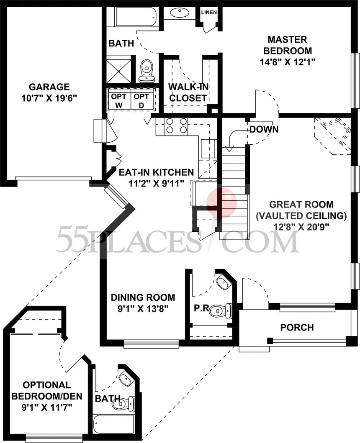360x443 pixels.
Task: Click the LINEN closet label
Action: [x=209, y=12]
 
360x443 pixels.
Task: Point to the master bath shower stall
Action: [x=119, y=69]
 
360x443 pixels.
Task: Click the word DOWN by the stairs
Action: [x=264, y=129]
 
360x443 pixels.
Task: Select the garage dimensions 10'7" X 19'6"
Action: [x=49, y=98]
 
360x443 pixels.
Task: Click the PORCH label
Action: [x=297, y=328]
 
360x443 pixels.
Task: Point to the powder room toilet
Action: [x=221, y=310]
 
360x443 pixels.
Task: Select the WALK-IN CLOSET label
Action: [x=188, y=92]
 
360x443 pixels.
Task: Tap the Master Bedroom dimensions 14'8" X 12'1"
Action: [x=288, y=62]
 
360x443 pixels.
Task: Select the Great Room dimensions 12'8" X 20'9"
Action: [x=301, y=227]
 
